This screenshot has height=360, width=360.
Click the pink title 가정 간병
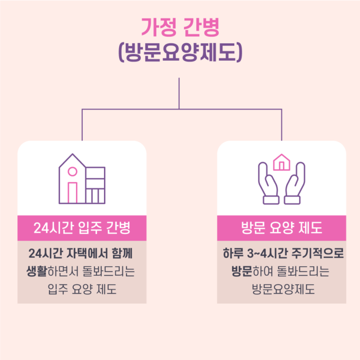pyautogui.click(x=180, y=27)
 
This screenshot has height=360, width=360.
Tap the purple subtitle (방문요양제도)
pyautogui.click(x=180, y=52)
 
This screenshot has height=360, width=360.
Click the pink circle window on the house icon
pyautogui.click(x=72, y=171)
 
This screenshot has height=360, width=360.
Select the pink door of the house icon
pyautogui.click(x=72, y=193)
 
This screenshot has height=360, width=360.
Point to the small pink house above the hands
pyautogui.click(x=282, y=162)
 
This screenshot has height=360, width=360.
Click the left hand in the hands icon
pyautogui.click(x=268, y=183)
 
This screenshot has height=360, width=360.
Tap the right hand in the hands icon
pyautogui.click(x=295, y=183)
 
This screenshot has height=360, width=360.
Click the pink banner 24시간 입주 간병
pyautogui.click(x=82, y=228)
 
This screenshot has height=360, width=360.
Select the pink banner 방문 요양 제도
pyautogui.click(x=282, y=228)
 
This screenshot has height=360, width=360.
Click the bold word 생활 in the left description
pyautogui.click(x=37, y=271)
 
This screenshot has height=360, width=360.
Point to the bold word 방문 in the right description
pyautogui.click(x=242, y=271)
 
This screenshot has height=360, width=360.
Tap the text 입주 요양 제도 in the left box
pyautogui.click(x=82, y=289)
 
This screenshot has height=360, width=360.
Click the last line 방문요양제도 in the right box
pyautogui.click(x=283, y=289)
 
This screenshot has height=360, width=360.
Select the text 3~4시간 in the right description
pyautogui.click(x=267, y=253)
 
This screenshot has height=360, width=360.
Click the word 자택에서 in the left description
pyautogui.click(x=87, y=253)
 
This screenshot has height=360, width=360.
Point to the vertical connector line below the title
pyautogui.click(x=179, y=93)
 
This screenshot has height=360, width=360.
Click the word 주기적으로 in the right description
pyautogui.click(x=318, y=253)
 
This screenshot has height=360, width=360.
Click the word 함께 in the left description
pyautogui.click(x=122, y=253)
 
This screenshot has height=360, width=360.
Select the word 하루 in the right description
pyautogui.click(x=233, y=253)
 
